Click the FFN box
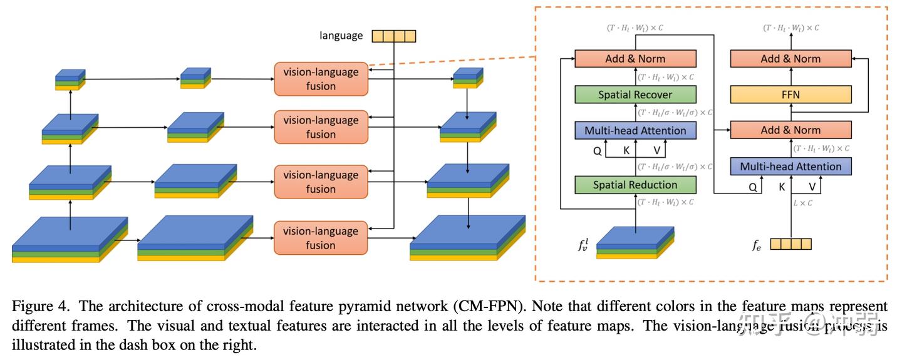coord(791,95)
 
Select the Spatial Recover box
coord(635,95)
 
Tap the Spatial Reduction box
coord(635,185)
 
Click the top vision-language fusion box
coord(321,79)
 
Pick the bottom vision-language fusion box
coord(321,238)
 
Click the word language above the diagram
coord(341,36)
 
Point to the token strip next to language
coord(394,36)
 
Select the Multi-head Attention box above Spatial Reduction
coord(635,130)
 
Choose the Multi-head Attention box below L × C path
coord(791,167)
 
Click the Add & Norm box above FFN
coord(791,59)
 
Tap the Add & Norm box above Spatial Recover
coord(635,59)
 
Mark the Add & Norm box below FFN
coord(791,130)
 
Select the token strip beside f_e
coord(791,244)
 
